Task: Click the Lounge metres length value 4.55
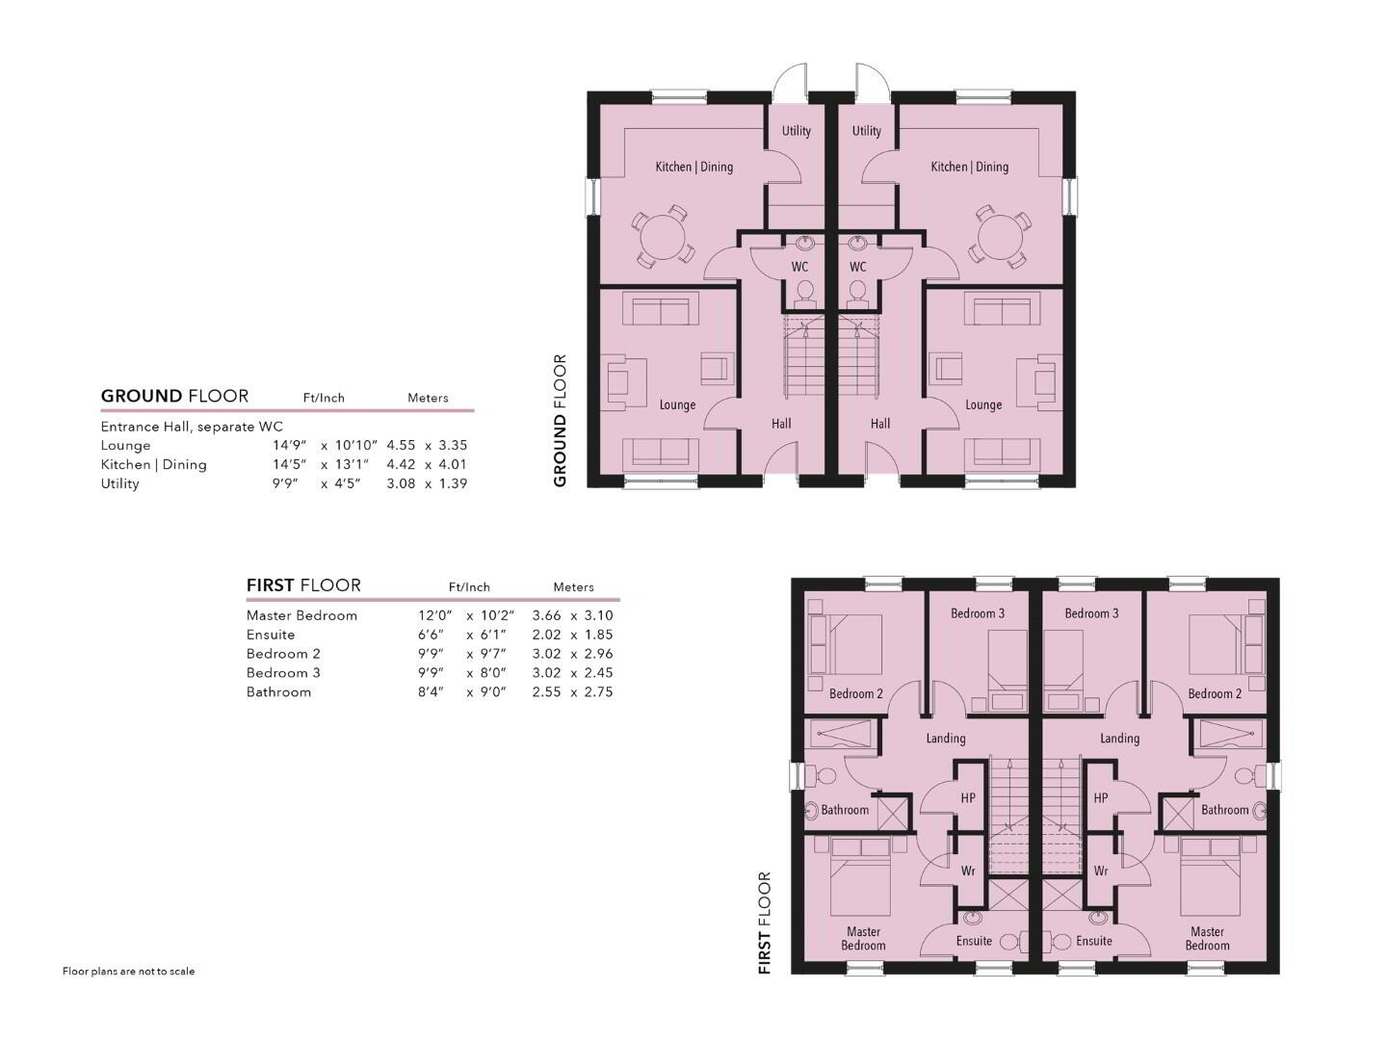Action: click(401, 445)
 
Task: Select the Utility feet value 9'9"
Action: click(285, 483)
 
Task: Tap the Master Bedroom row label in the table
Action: click(301, 615)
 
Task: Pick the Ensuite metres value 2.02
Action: click(546, 634)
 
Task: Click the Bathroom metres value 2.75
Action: click(598, 691)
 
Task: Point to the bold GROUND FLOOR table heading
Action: click(174, 396)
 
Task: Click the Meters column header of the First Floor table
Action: click(573, 586)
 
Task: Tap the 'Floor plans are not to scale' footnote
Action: click(128, 972)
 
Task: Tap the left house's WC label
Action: click(799, 267)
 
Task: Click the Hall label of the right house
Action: click(880, 424)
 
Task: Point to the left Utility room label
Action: click(797, 131)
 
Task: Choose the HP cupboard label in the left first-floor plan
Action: click(968, 798)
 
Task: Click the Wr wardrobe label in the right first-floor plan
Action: click(1101, 871)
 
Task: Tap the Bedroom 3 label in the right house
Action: click(1091, 613)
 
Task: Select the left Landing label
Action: click(946, 739)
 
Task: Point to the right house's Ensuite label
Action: click(1094, 941)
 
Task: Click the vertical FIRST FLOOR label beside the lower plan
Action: click(764, 923)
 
